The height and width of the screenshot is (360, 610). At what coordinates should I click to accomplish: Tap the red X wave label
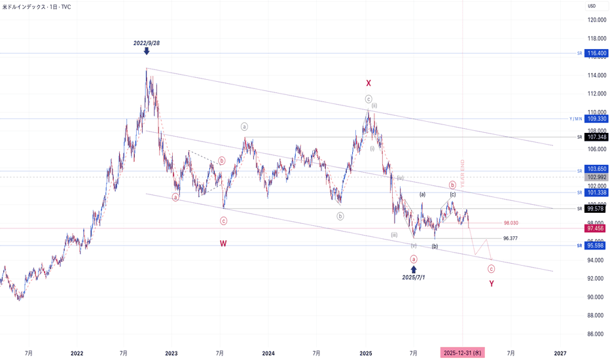point(368,83)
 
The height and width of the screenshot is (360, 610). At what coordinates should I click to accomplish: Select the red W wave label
point(223,243)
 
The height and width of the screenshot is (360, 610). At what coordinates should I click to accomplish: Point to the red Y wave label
point(492,283)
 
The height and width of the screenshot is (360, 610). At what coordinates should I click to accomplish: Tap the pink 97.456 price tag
point(595,228)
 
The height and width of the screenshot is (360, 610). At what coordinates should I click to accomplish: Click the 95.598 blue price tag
point(595,245)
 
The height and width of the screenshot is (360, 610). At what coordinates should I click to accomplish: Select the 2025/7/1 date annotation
point(414,278)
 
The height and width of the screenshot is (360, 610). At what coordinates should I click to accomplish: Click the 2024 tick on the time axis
point(268,353)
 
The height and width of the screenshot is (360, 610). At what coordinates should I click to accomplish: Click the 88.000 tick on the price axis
point(596,315)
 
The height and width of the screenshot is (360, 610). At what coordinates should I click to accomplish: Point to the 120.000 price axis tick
point(596,20)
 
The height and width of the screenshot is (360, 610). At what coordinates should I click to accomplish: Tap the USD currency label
point(591,6)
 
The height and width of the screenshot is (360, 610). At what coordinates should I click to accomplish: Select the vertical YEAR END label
point(462,174)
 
